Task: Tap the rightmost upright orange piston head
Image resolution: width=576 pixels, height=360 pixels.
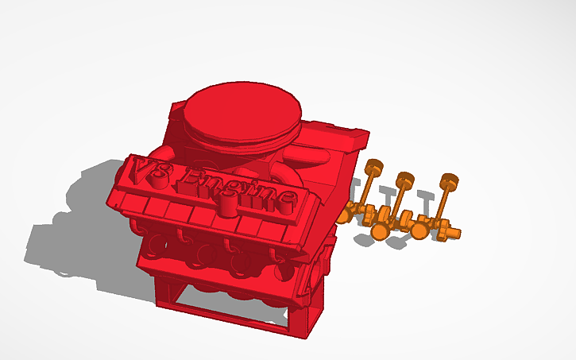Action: pos(450,180)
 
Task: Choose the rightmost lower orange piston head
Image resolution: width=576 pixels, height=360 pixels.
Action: pos(420,231)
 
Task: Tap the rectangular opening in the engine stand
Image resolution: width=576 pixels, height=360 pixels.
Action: pos(230,306)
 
